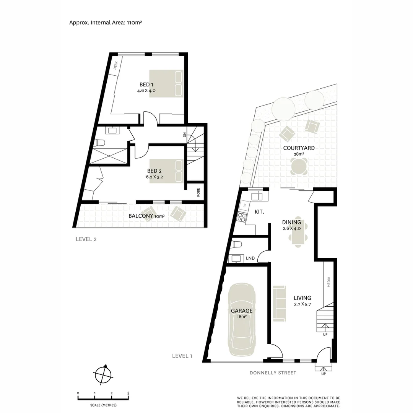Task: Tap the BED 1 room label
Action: click(x=146, y=85)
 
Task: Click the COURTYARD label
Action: click(x=299, y=148)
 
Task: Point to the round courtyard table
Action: click(x=299, y=166)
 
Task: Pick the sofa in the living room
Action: click(x=280, y=303)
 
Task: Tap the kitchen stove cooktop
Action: click(x=242, y=217)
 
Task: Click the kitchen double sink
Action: click(x=257, y=196)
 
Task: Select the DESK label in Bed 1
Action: click(x=117, y=66)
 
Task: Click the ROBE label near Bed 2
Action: click(x=198, y=192)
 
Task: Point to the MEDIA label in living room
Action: click(x=328, y=282)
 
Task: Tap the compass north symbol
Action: click(x=103, y=374)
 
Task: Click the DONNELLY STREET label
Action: click(x=273, y=372)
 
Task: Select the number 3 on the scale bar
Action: click(x=128, y=393)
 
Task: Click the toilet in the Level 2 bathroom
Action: click(x=100, y=143)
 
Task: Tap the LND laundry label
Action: click(x=250, y=259)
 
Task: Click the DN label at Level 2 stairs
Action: click(x=185, y=135)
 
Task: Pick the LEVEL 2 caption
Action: click(x=86, y=239)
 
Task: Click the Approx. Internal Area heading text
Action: click(x=106, y=22)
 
